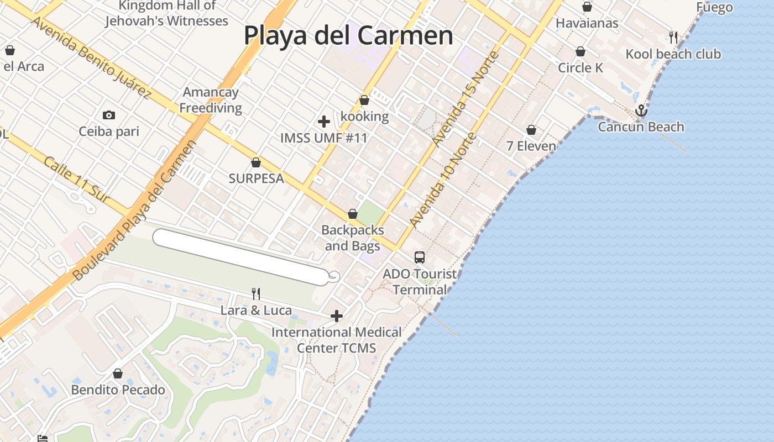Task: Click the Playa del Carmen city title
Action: coord(348,36)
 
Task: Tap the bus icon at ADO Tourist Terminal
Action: coord(420,257)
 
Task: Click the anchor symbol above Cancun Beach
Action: coord(641,110)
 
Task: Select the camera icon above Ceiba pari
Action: coord(109,115)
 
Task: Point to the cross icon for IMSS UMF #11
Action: coord(324,121)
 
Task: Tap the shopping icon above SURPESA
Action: coord(256,162)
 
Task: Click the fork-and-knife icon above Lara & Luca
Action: coord(256,293)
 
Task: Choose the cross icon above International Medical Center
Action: coord(337,316)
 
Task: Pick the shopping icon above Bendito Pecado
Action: coord(118,373)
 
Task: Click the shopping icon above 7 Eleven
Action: coord(531,130)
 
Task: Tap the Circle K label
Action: coord(580,68)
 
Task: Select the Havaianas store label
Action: coord(587,23)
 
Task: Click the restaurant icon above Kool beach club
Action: coord(673,37)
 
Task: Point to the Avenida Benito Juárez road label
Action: coord(91,57)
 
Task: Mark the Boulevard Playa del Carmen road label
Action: coord(135,210)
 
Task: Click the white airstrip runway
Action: coord(240,257)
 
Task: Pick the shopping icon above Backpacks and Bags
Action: coord(353,214)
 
